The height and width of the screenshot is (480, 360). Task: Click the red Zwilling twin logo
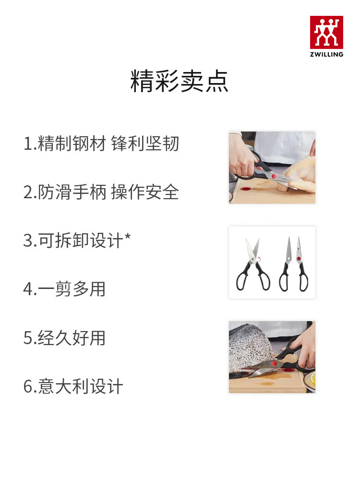[x=326, y=32]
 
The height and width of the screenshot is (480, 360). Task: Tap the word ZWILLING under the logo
[x=326, y=54]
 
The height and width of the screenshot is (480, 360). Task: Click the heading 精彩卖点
[x=180, y=81]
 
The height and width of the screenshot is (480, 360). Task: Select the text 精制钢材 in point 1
[x=72, y=144]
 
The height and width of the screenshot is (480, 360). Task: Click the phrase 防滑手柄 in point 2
[x=72, y=192]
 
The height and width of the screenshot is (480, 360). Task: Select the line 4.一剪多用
[x=64, y=289]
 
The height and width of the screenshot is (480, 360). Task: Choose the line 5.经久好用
[x=64, y=338]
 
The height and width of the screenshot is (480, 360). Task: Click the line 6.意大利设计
[x=73, y=387]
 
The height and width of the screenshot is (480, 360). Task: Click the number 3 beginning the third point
[x=27, y=241]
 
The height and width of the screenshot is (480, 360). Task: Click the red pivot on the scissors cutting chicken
[x=274, y=177]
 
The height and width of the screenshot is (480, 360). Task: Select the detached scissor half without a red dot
[x=286, y=266]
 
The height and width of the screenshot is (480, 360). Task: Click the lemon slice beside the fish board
[x=312, y=382]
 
